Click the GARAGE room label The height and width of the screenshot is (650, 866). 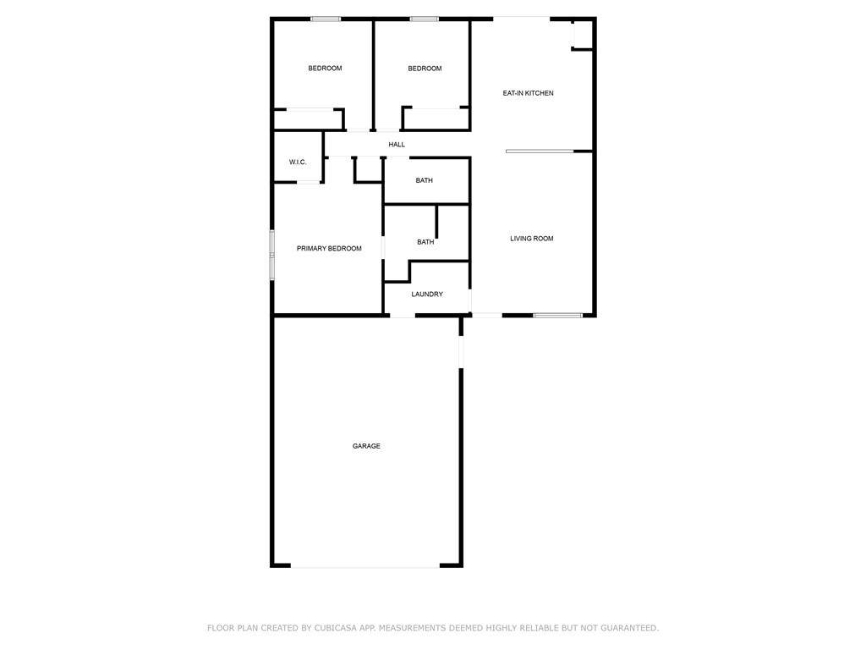pos(366,446)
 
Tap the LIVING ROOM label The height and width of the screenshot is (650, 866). pos(531,239)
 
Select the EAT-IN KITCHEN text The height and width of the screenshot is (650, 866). pos(528,93)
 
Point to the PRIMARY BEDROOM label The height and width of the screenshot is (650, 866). pos(329,249)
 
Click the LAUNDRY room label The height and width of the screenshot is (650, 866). pos(427,295)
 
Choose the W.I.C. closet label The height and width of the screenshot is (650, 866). pos(298,162)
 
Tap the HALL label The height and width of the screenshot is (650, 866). pos(397,145)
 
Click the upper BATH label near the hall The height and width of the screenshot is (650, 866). pos(425,181)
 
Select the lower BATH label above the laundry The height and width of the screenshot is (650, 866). pos(425,242)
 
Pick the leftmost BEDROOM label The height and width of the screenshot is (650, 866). pos(325,69)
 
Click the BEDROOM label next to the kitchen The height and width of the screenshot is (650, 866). pos(425,69)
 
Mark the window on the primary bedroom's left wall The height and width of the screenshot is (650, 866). pos(271,254)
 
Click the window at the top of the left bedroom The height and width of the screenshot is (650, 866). pos(326,19)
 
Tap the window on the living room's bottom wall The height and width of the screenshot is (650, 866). pos(558,316)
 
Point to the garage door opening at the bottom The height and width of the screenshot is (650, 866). pos(365,565)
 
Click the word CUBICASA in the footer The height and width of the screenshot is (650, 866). pos(335,628)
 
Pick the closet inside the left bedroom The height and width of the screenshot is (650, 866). pos(309,119)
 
